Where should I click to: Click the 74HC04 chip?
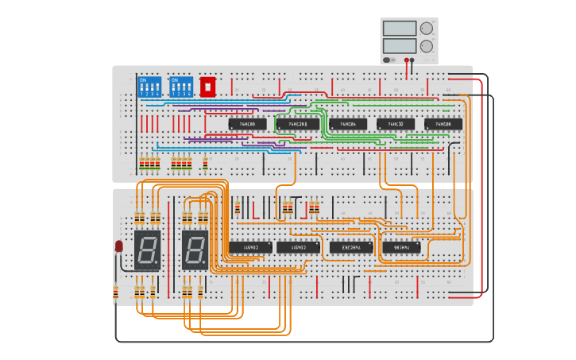tap(347, 124)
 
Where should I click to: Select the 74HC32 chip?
tap(395, 124)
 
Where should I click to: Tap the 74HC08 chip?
tap(443, 124)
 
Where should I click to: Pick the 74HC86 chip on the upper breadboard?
tap(247, 124)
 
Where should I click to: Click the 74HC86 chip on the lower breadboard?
tap(401, 247)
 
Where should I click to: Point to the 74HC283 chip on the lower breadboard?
tap(350, 247)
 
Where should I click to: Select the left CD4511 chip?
tap(250, 247)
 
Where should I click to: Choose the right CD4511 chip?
tap(299, 247)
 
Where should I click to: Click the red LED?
tap(119, 246)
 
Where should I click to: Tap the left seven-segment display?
tap(147, 250)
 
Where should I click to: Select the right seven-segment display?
tap(195, 250)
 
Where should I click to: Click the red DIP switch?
tap(207, 86)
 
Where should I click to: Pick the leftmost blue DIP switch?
tap(149, 87)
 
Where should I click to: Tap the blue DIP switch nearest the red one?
tap(180, 87)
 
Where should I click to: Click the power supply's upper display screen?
tap(399, 29)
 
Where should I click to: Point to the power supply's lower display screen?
tap(399, 45)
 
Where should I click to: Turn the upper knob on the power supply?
tap(427, 29)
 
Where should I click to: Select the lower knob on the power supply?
tap(427, 46)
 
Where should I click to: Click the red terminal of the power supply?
tap(407, 60)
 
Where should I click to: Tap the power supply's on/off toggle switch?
tap(388, 60)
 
